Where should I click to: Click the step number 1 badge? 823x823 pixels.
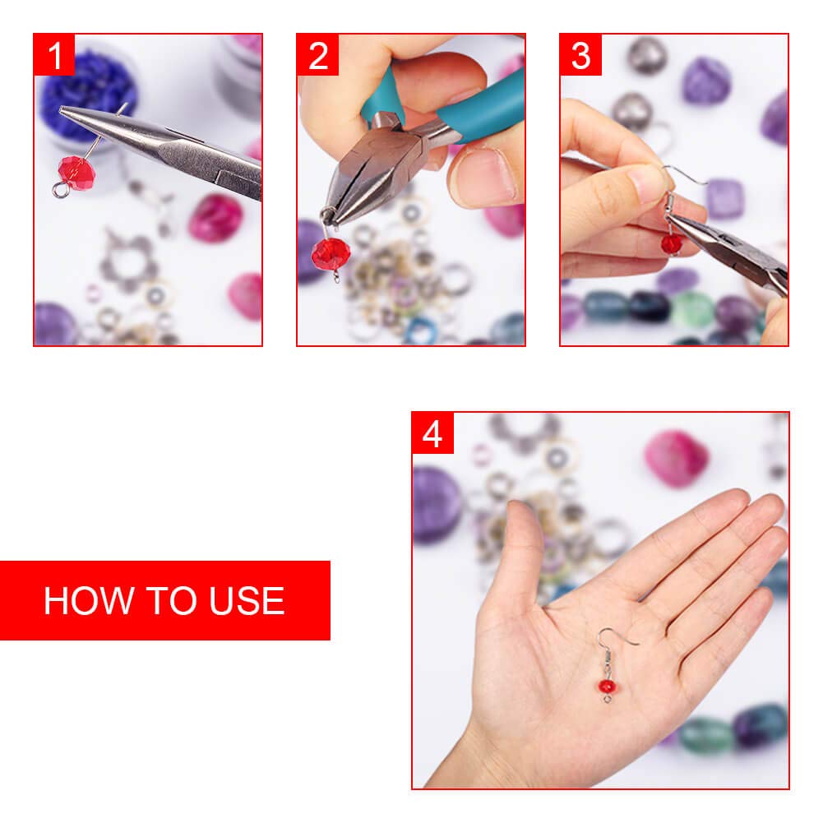[54, 55]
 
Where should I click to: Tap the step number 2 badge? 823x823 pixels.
[318, 55]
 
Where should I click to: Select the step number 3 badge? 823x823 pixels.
[580, 55]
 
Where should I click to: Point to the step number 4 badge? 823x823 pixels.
[432, 433]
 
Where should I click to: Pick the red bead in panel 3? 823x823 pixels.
[672, 243]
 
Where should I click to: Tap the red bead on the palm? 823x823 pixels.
[607, 684]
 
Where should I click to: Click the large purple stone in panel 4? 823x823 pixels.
[437, 503]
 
